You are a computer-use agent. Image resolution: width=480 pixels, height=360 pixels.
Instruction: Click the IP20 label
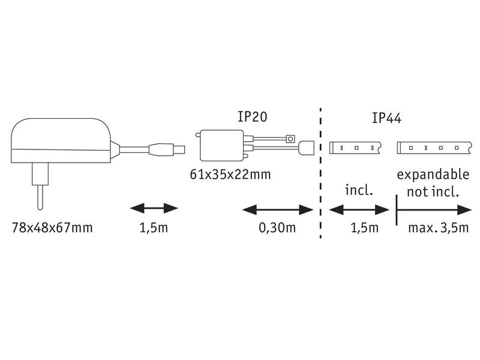click(253, 116)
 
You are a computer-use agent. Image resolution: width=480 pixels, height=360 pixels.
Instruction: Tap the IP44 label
click(386, 118)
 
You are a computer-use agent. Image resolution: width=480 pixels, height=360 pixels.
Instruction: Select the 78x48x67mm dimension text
click(52, 228)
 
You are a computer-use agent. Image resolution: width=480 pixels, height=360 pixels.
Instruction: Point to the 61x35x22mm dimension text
click(230, 175)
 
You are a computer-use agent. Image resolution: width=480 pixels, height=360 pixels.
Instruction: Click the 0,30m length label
click(277, 228)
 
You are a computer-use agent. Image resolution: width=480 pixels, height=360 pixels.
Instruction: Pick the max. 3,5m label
click(438, 228)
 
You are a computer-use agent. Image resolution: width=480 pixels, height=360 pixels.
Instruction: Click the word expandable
click(433, 175)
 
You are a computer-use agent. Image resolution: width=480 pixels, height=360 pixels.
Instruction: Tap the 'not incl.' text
click(433, 192)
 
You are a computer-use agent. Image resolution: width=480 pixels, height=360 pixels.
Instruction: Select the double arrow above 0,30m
click(278, 210)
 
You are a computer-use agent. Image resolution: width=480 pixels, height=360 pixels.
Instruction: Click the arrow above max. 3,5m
click(434, 210)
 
